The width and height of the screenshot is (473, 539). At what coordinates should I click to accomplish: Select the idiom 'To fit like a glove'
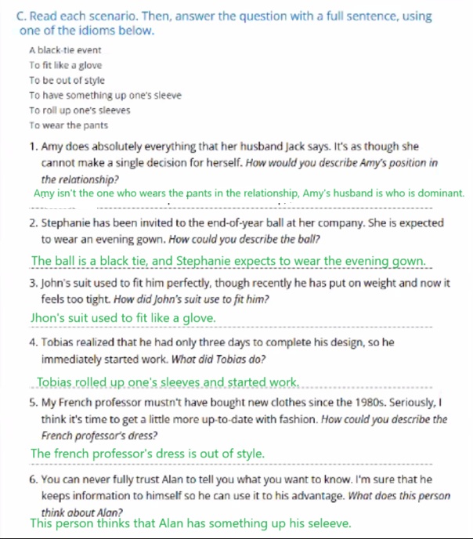65,65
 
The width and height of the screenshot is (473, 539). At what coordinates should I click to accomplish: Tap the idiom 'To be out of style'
67,80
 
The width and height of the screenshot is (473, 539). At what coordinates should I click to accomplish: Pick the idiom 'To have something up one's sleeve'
105,95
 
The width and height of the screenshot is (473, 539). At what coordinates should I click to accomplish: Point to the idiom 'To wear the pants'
68,125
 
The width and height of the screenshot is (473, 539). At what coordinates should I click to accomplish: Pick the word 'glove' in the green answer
199,318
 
